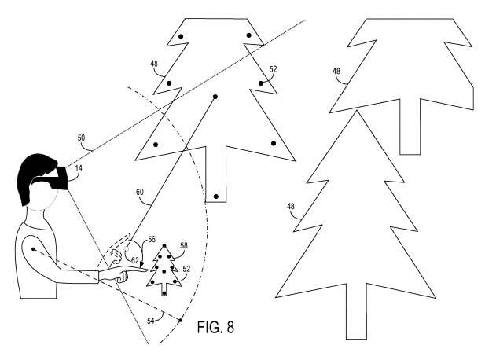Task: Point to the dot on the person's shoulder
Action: click(33, 251)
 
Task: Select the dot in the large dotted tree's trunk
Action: click(215, 195)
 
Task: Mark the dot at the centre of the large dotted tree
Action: click(214, 97)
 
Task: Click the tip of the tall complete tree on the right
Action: click(358, 112)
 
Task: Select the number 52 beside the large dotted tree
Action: click(273, 69)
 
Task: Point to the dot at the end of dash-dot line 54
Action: click(180, 321)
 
